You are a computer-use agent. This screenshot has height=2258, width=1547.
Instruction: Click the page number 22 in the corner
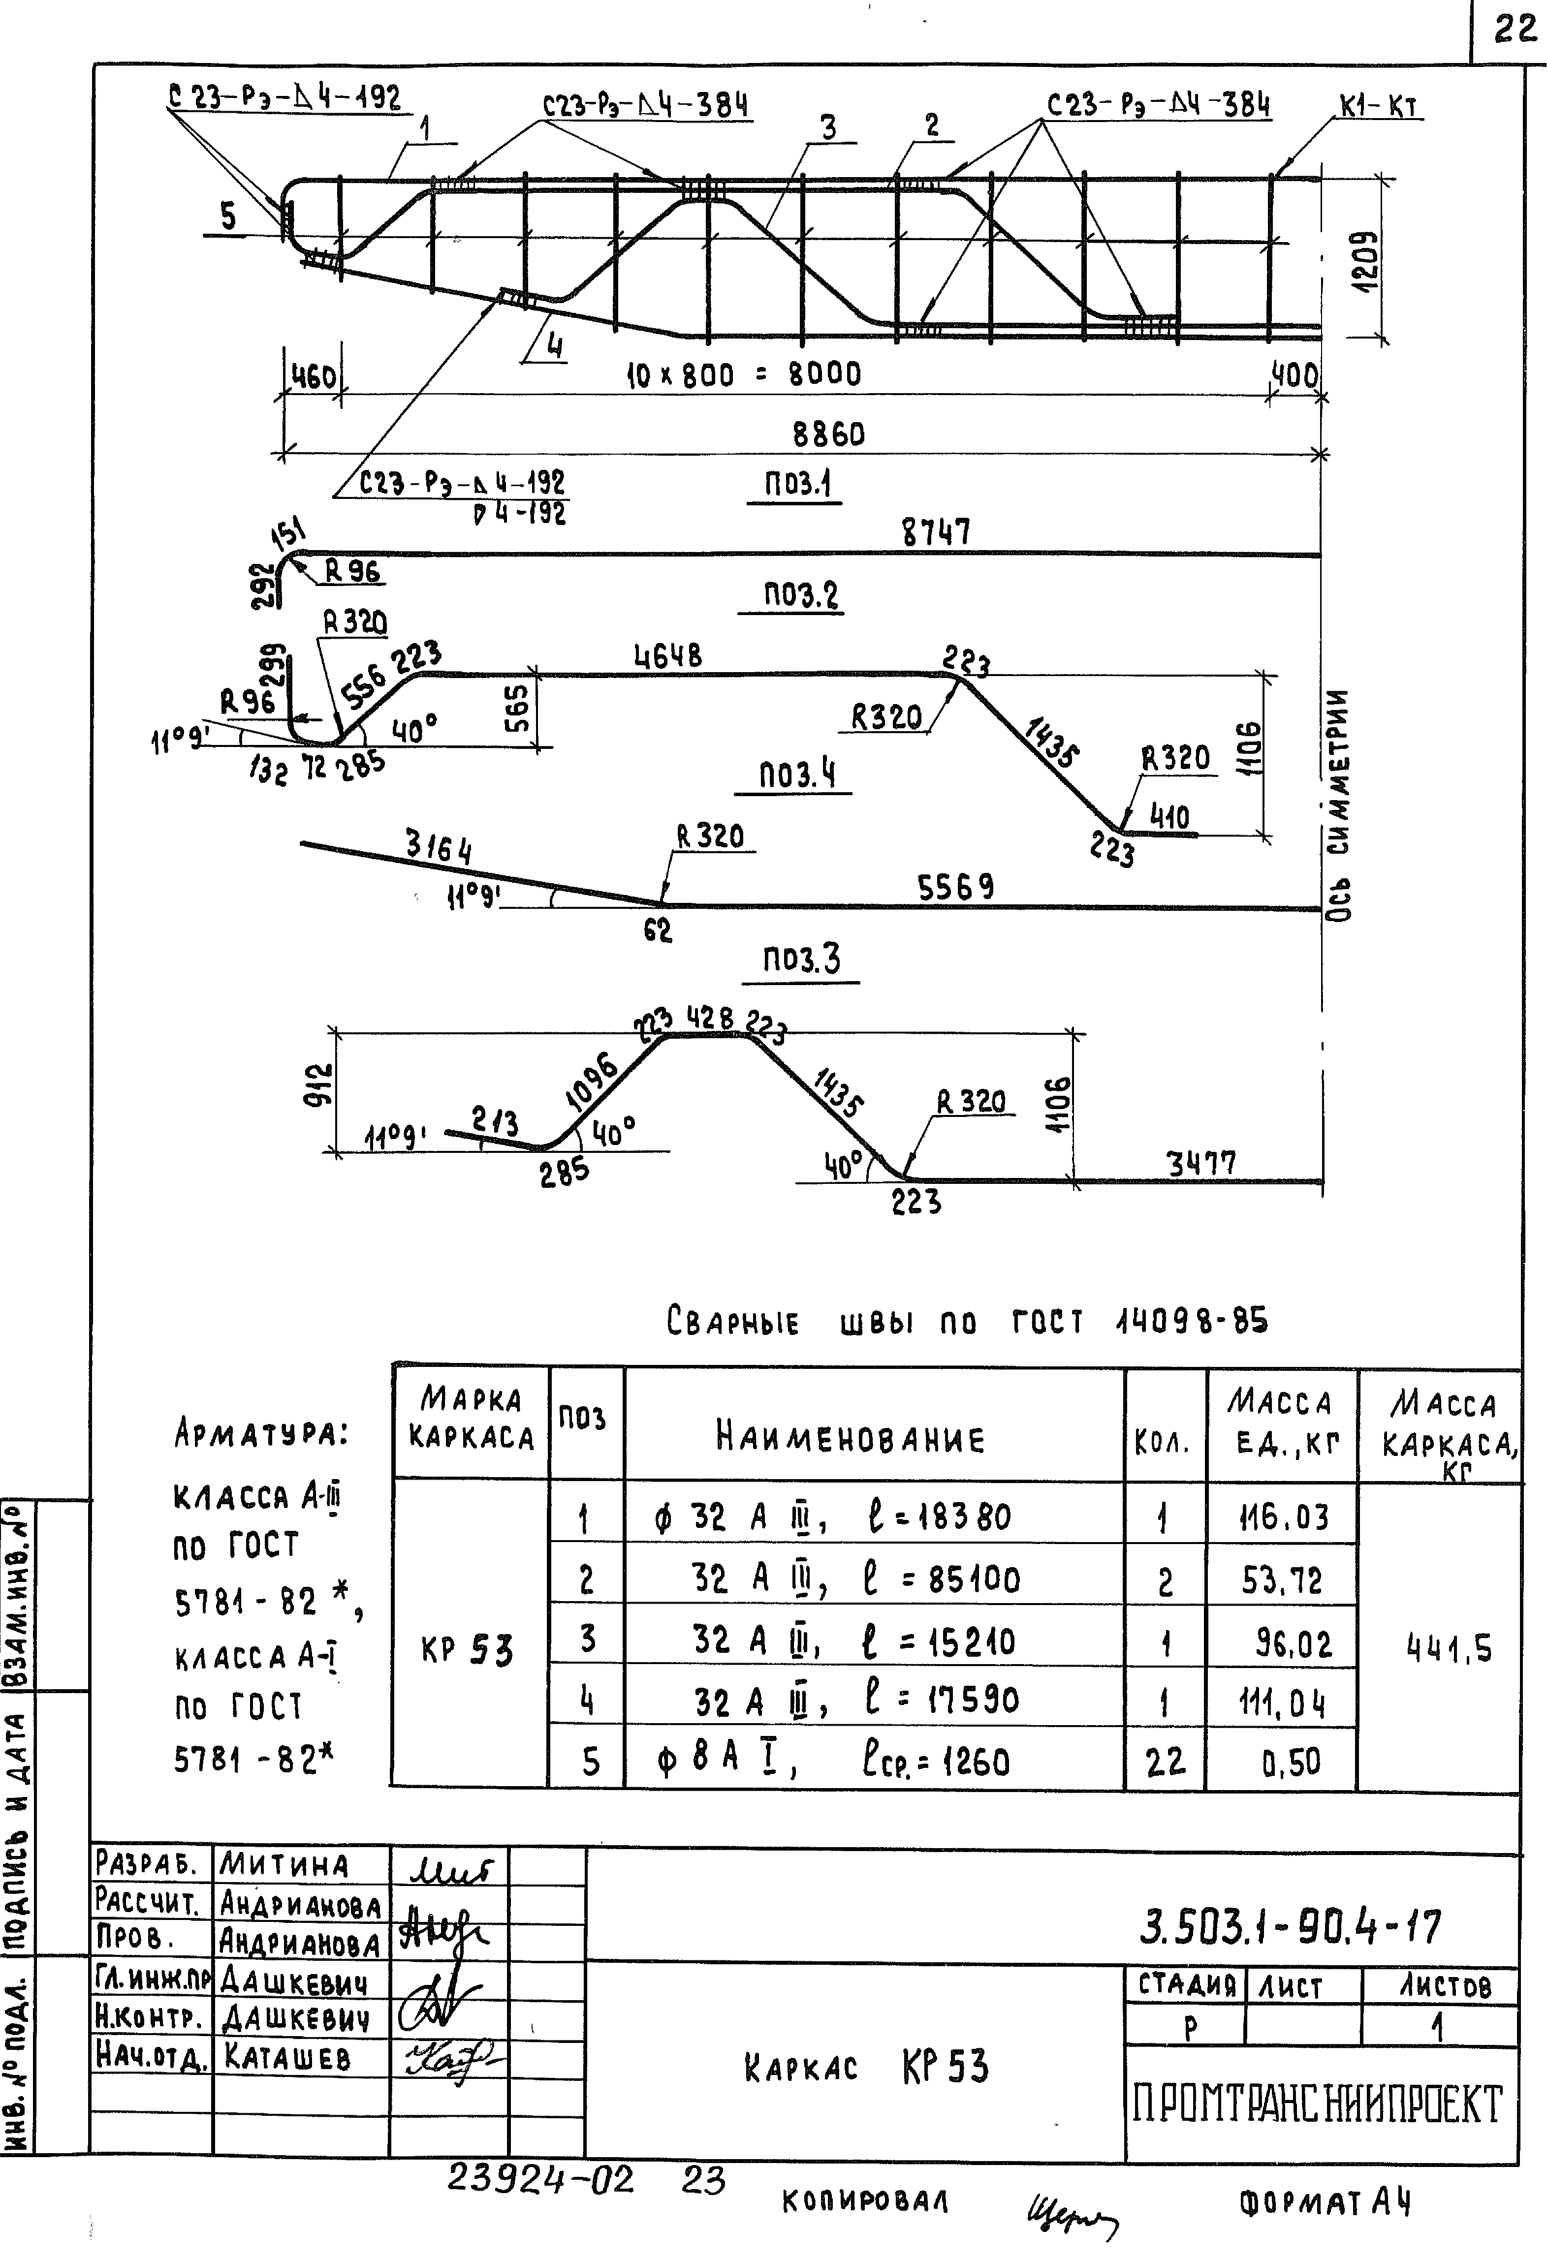(x=1513, y=29)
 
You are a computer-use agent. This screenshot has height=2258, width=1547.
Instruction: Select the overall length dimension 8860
(x=828, y=433)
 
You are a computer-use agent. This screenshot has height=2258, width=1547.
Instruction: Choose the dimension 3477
(x=1201, y=1163)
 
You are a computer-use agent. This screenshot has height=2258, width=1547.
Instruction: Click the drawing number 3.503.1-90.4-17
(x=1291, y=1926)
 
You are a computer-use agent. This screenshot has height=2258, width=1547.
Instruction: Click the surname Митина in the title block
(x=284, y=1863)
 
